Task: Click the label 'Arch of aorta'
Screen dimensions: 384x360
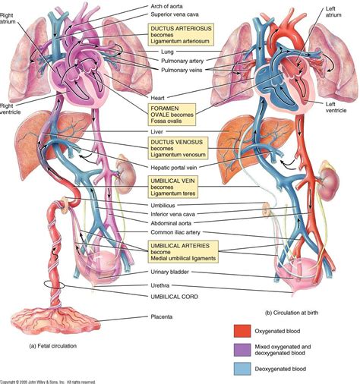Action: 170,5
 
